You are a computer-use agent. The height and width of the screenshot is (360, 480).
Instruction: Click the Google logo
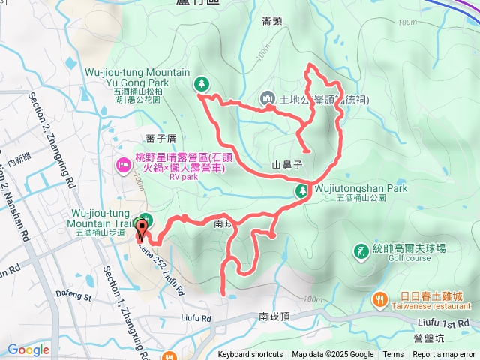pos(28,349)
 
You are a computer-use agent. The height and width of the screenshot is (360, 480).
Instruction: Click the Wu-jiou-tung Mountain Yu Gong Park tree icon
pos(201,82)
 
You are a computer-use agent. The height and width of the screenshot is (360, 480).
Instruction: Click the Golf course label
pos(409,257)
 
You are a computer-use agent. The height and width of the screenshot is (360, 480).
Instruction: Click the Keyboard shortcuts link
pos(250,355)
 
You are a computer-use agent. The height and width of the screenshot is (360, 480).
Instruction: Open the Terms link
pos(393,355)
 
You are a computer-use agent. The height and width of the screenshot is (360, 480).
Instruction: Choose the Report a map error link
pos(445,355)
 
